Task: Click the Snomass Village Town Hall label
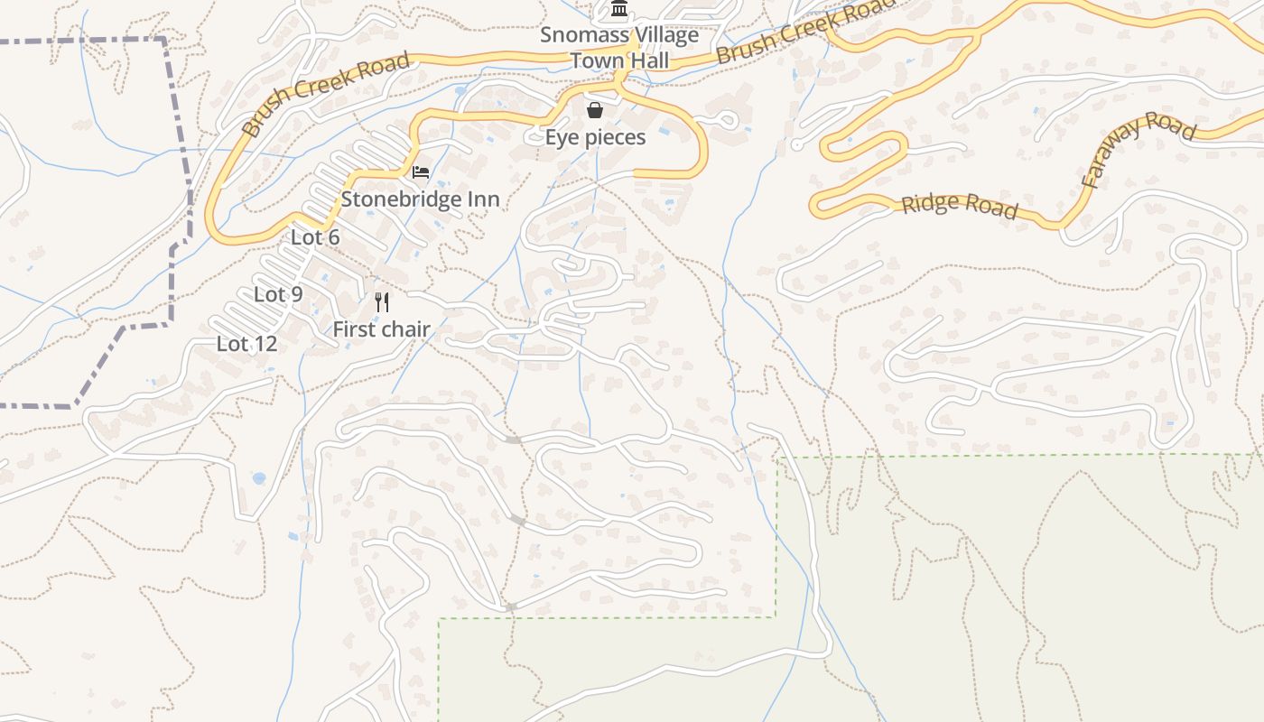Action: coord(619,48)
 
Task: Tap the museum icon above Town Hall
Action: coord(619,10)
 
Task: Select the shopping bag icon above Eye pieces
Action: coord(595,111)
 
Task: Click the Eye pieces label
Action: coord(596,137)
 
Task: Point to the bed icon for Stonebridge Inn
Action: coord(421,172)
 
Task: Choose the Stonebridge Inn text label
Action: coord(420,199)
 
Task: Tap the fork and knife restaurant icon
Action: coord(382,302)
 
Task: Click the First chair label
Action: coord(381,329)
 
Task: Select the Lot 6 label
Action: coord(315,237)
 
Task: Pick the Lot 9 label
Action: coord(278,294)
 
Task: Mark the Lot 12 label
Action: coord(246,344)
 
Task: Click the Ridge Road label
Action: coord(960,206)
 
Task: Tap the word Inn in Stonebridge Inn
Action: coord(482,199)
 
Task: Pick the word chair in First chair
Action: coord(404,329)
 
